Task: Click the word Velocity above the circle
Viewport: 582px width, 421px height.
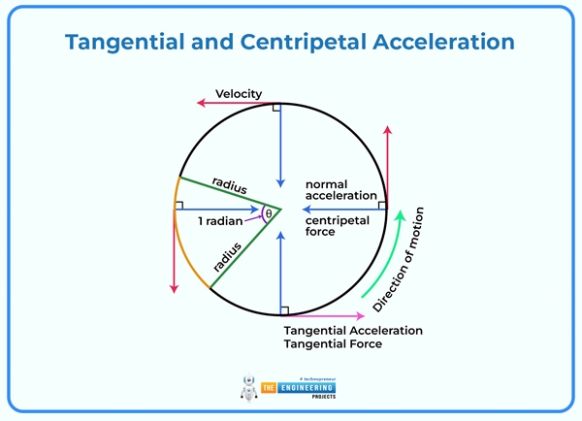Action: click(x=239, y=93)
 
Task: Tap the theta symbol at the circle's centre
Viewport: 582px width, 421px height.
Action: click(x=269, y=212)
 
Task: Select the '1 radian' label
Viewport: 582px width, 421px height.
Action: click(x=220, y=222)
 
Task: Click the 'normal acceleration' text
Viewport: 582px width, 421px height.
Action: click(x=340, y=189)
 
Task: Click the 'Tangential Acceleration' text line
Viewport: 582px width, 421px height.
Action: click(x=352, y=330)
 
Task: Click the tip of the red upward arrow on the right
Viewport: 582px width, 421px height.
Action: click(x=387, y=128)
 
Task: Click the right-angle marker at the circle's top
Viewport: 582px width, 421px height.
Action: click(x=276, y=107)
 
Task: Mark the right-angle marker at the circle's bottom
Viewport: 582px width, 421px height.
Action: click(x=283, y=309)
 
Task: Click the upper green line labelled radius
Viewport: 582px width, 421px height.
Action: click(x=228, y=191)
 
